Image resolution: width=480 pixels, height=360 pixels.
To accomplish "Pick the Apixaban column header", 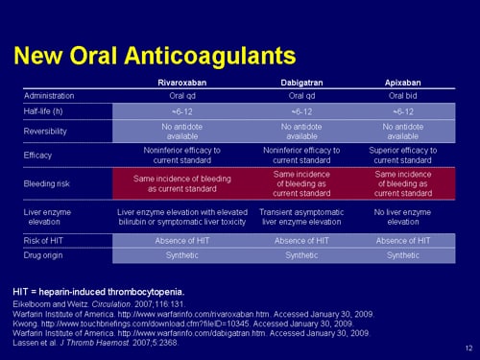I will [x=402, y=84].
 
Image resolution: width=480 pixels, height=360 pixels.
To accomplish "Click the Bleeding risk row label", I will [x=47, y=182].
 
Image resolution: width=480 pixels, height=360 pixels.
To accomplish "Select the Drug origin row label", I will [x=45, y=257].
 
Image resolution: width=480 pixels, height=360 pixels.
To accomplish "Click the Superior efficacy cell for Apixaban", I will [x=402, y=155].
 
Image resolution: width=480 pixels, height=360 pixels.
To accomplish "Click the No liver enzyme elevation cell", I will [x=402, y=215].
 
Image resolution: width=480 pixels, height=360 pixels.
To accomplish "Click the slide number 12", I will [x=467, y=348].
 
